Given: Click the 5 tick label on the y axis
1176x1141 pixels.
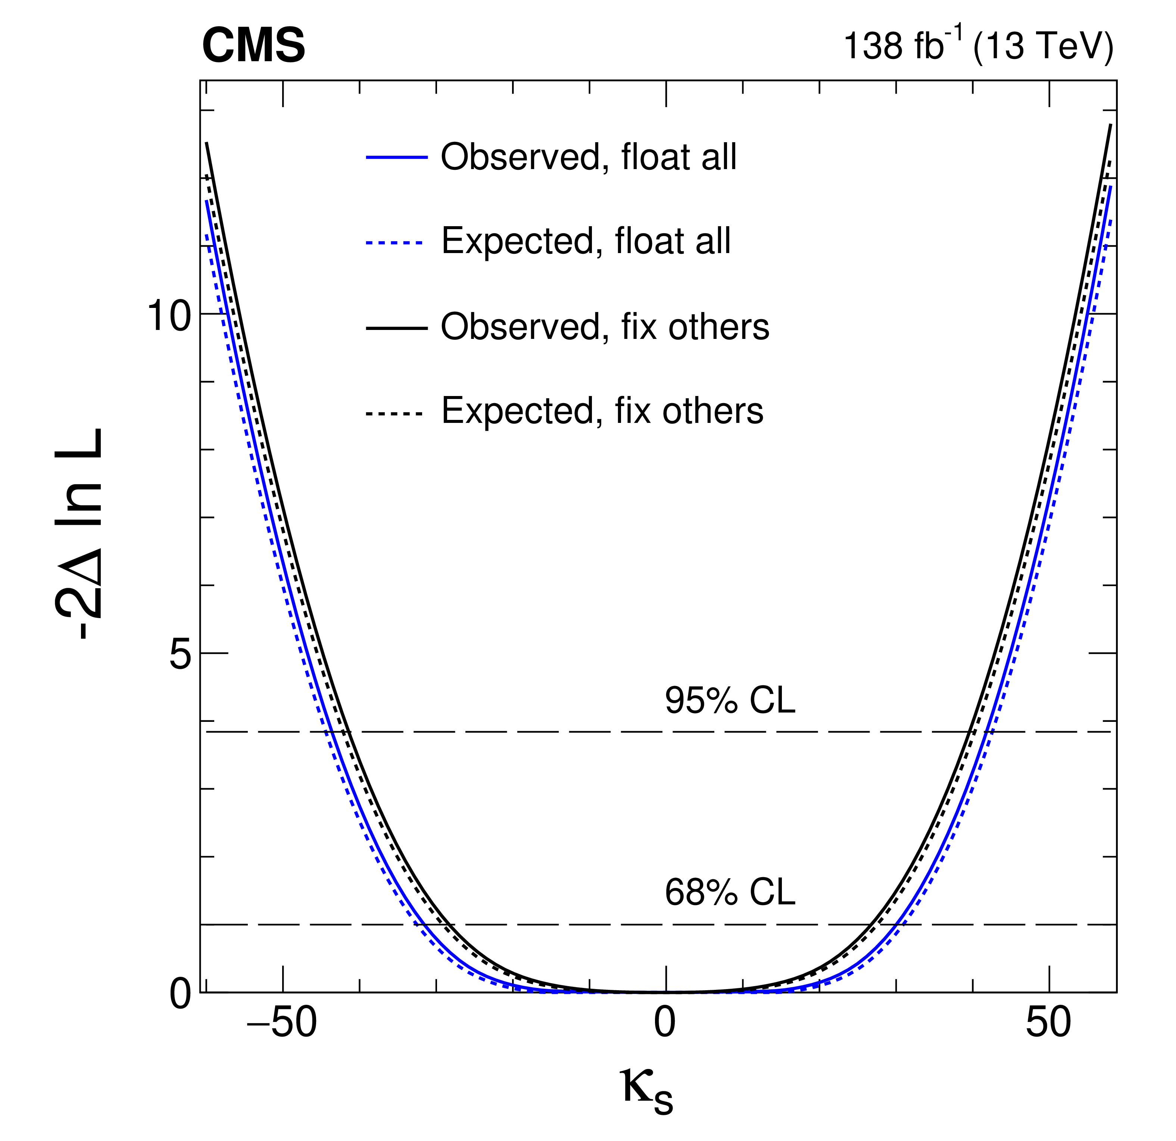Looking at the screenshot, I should click(180, 655).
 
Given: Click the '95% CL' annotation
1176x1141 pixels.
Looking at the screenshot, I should click(730, 700).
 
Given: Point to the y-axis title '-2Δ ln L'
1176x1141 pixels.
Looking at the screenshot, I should click(80, 534).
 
